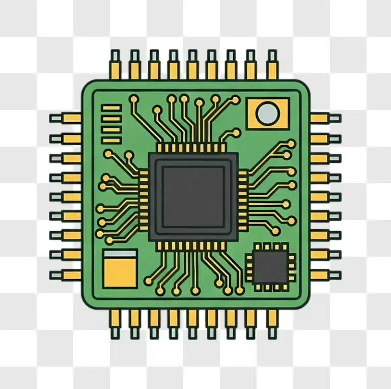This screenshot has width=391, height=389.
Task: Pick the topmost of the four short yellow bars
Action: click(111, 107)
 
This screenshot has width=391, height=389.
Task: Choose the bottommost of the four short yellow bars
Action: click(111, 140)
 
